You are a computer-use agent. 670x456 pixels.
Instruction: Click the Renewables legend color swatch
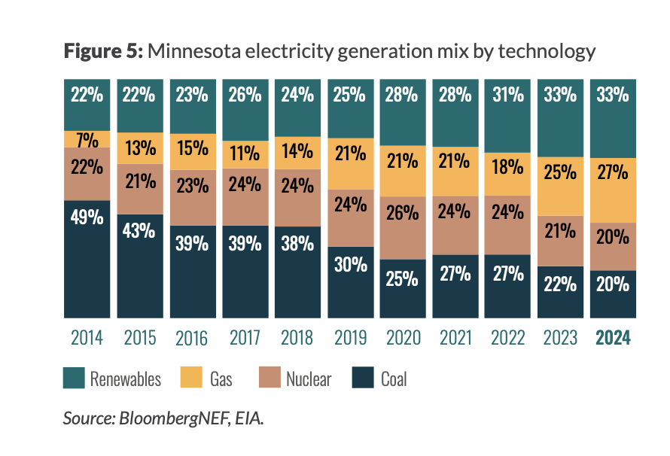point(72,378)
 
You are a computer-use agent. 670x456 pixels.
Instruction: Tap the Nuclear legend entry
point(308,378)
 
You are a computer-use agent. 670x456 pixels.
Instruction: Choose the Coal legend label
point(394,378)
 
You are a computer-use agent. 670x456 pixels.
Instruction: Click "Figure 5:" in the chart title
point(102,51)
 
